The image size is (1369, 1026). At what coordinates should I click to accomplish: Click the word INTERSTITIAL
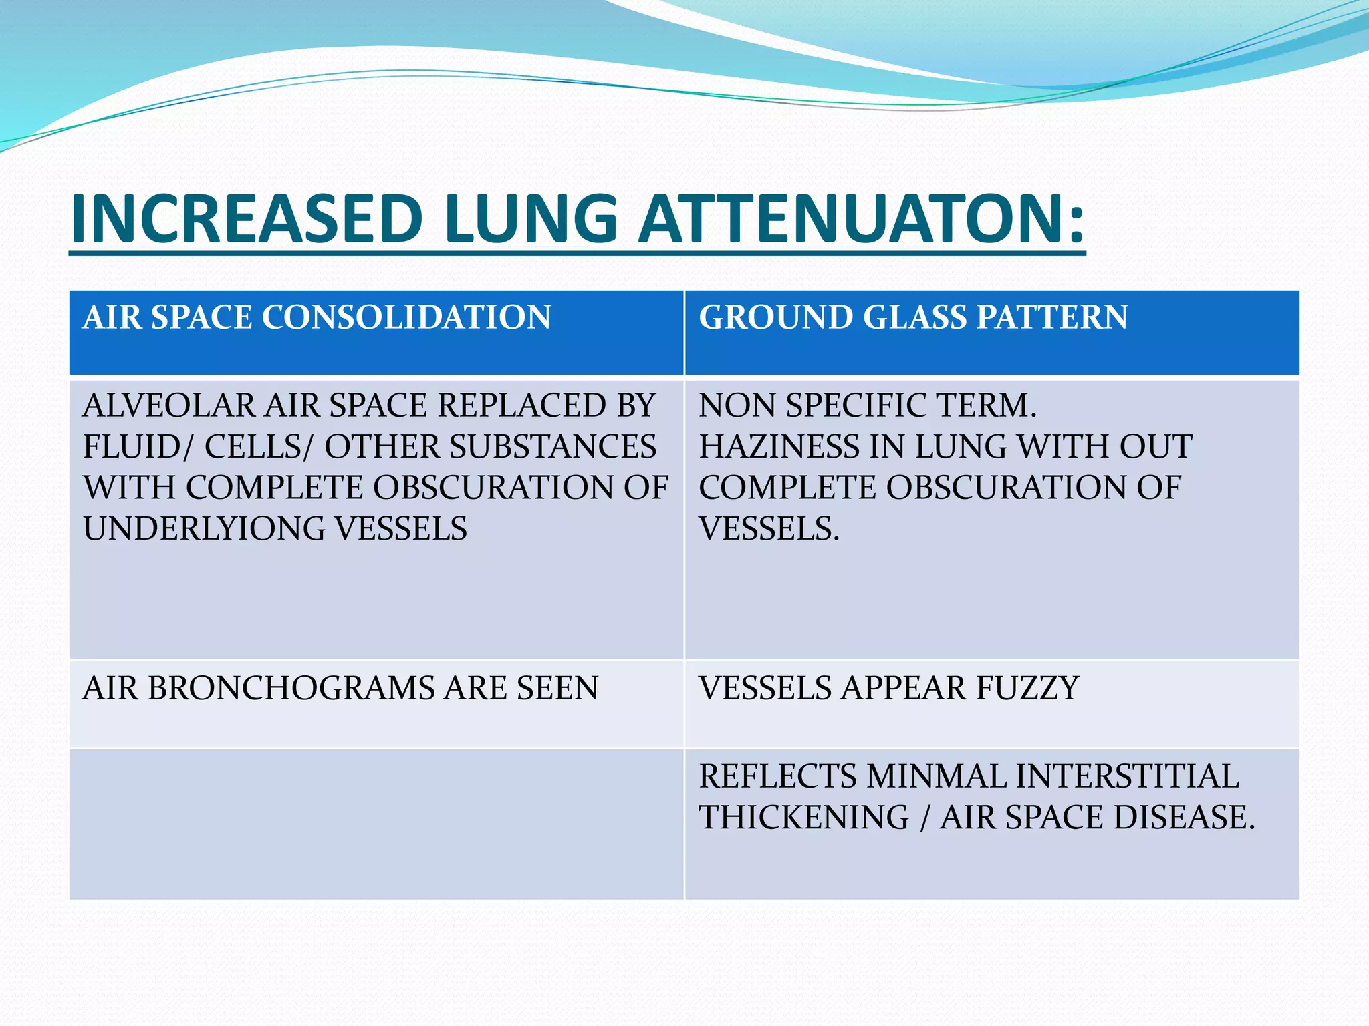click(x=1127, y=776)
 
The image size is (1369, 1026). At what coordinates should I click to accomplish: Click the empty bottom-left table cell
click(x=376, y=824)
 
